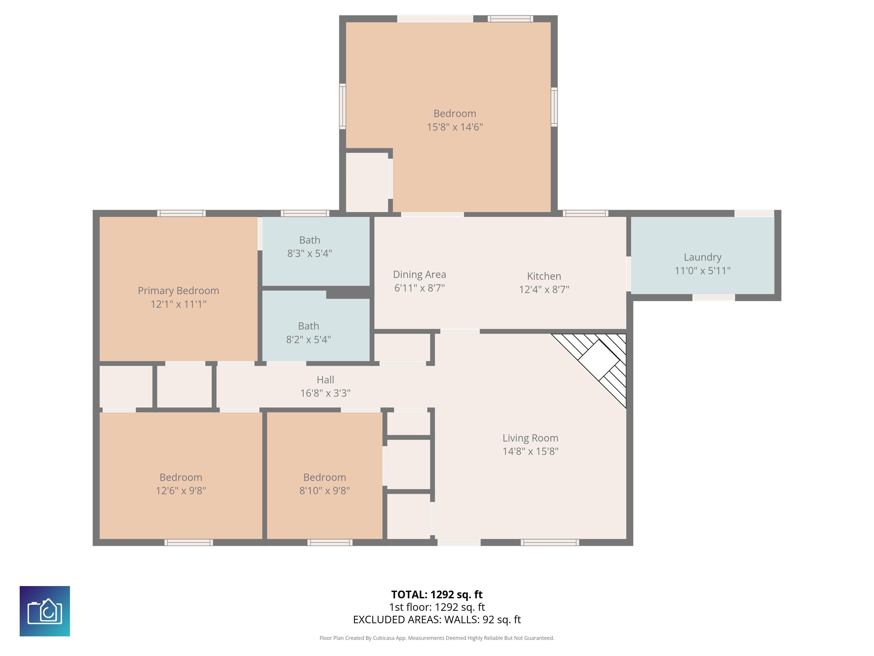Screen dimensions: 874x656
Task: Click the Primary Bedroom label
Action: (178, 291)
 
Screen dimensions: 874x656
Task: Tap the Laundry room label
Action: (702, 257)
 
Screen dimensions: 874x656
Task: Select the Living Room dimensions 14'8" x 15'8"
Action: (530, 451)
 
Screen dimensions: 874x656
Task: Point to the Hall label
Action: (325, 380)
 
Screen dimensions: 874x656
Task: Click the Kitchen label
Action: (544, 276)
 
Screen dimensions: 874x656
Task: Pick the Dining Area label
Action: (419, 274)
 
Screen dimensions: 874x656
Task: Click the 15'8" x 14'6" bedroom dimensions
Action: (455, 127)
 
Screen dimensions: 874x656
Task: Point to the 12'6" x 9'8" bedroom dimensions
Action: (181, 491)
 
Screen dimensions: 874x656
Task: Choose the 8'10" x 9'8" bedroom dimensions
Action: (324, 491)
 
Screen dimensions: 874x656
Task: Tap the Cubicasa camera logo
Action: (45, 611)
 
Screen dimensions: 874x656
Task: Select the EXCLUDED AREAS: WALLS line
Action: (437, 620)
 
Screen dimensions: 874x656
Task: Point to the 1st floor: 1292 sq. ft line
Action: (437, 607)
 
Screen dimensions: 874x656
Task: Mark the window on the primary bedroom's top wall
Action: (181, 214)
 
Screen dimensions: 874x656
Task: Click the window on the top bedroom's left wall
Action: (343, 106)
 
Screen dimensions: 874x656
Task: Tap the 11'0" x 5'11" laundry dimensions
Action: (702, 271)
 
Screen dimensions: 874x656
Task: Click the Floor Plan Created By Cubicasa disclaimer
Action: (437, 638)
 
